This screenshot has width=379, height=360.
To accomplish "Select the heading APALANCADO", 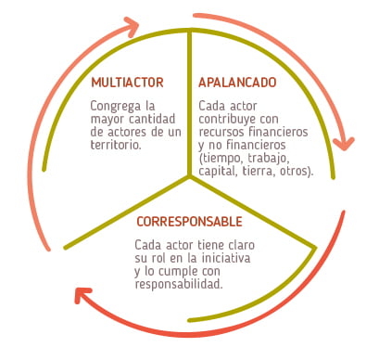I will coord(236,82).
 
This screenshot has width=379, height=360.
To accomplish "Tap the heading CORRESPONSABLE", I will coord(189,223).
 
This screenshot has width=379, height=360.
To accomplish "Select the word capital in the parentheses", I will coord(217,172).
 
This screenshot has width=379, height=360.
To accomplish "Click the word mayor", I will coord(107,119).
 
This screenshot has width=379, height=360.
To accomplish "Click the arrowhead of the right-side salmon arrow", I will coord(345,141).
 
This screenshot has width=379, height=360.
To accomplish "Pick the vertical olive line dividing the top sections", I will coord(190,102).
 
